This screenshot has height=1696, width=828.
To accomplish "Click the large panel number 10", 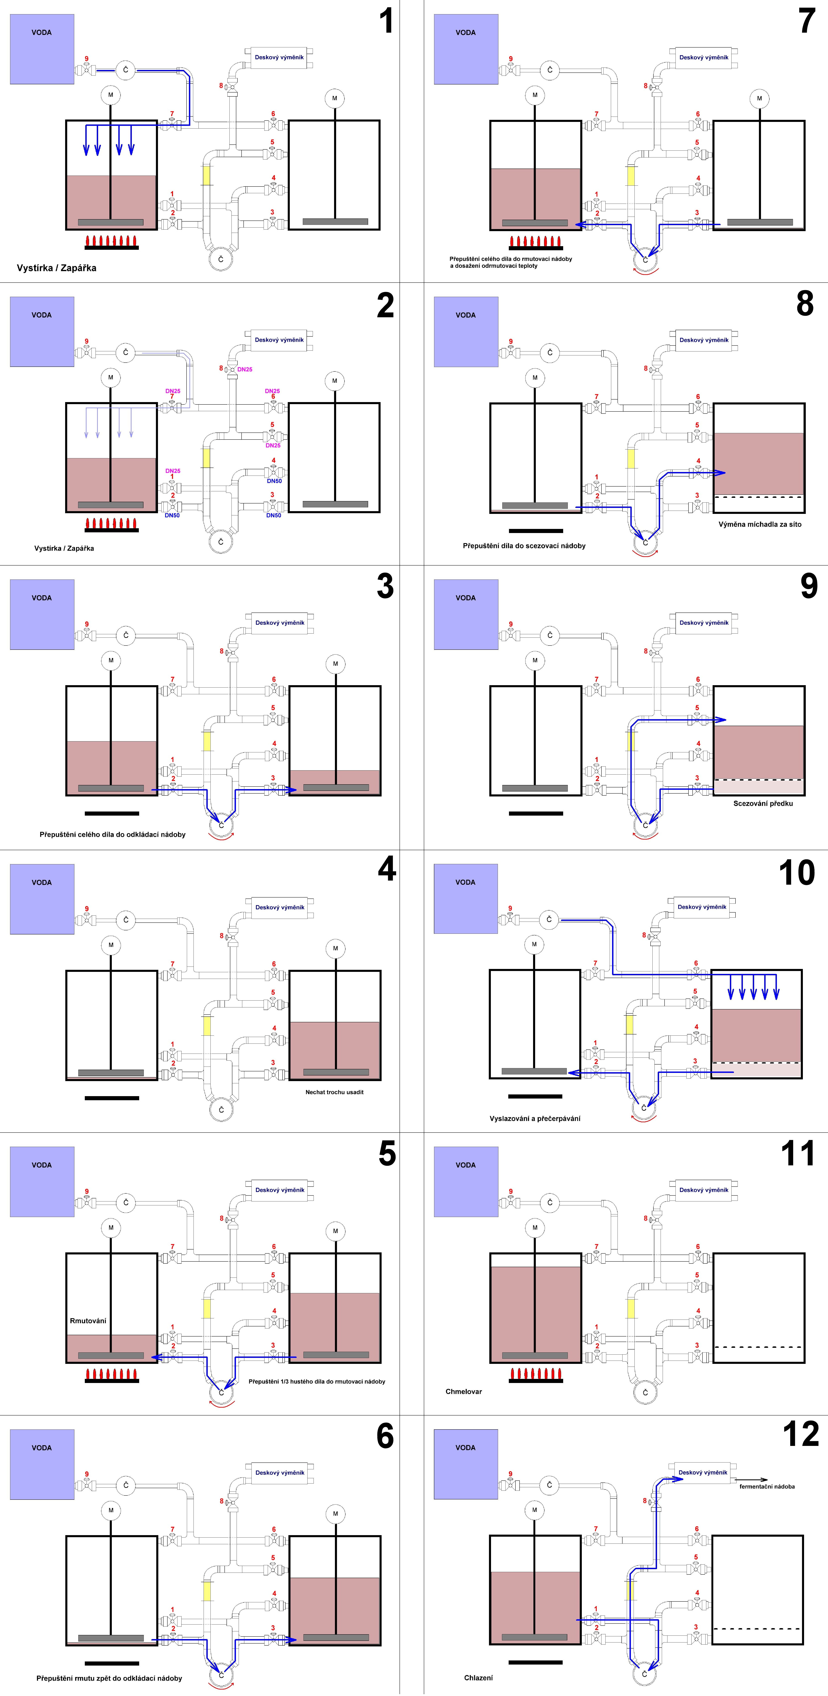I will pos(796,873).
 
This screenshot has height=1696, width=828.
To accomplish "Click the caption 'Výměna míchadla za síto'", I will pos(759,524).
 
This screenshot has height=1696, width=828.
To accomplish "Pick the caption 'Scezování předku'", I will pos(763,803).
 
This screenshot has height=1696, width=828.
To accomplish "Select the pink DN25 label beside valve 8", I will pos(245,369).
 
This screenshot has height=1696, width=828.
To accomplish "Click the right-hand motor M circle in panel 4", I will pos(335,948).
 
